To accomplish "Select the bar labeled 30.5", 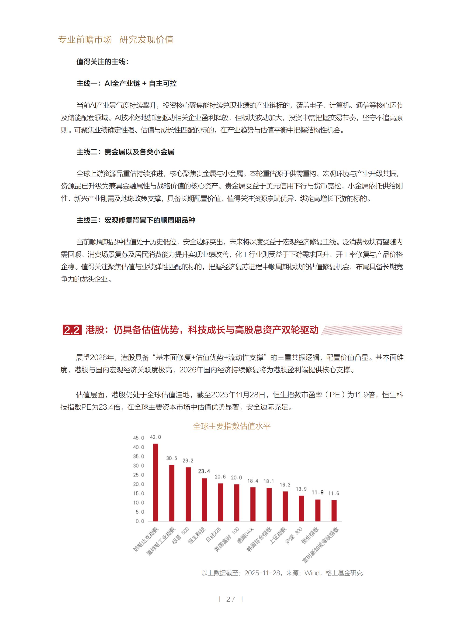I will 172,493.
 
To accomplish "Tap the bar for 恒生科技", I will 204,499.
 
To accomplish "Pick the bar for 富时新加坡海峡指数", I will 334,510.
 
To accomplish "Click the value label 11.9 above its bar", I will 317,492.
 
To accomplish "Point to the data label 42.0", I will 155,437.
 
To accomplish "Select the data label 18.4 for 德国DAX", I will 253,481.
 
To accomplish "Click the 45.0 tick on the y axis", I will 139,438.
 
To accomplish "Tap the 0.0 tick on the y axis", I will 140,521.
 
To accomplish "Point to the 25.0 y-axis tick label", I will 139,475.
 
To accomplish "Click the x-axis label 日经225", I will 213,535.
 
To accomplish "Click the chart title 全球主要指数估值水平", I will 232,426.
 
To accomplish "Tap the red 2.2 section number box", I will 72,330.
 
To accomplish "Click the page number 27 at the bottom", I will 231,599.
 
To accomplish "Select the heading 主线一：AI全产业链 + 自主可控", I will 126,83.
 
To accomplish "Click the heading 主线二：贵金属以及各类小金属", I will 125,152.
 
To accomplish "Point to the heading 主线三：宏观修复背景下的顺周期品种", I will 136,220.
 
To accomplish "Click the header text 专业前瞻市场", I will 85,40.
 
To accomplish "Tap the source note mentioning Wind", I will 282,573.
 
